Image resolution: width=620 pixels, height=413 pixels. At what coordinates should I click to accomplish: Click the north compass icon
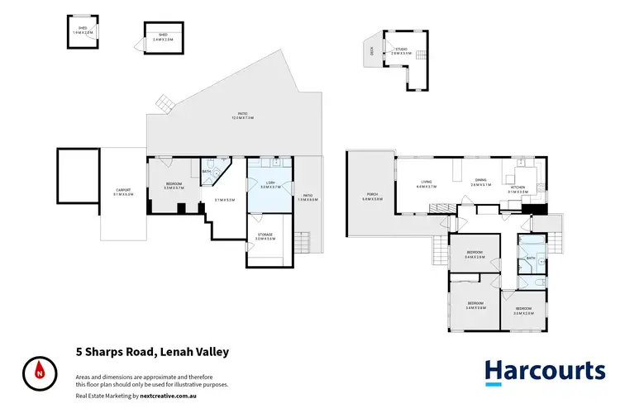pyautogui.click(x=38, y=371)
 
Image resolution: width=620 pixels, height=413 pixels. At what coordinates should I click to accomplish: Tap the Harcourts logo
pyautogui.click(x=544, y=370)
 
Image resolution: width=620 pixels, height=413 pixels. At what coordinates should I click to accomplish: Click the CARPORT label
pyautogui.click(x=123, y=192)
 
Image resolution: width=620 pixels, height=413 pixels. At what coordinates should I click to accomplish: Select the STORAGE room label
pyautogui.click(x=265, y=236)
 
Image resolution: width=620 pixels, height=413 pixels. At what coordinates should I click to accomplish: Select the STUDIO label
pyautogui.click(x=400, y=50)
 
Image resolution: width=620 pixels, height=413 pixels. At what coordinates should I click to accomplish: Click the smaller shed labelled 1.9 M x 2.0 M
pyautogui.click(x=83, y=31)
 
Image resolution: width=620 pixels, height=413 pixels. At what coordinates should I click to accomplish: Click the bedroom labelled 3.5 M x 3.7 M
pyautogui.click(x=174, y=187)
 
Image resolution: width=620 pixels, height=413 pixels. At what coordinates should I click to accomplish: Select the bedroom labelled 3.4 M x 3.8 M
pyautogui.click(x=476, y=305)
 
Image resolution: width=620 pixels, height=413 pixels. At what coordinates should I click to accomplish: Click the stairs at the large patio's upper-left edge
pyautogui.click(x=165, y=102)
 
